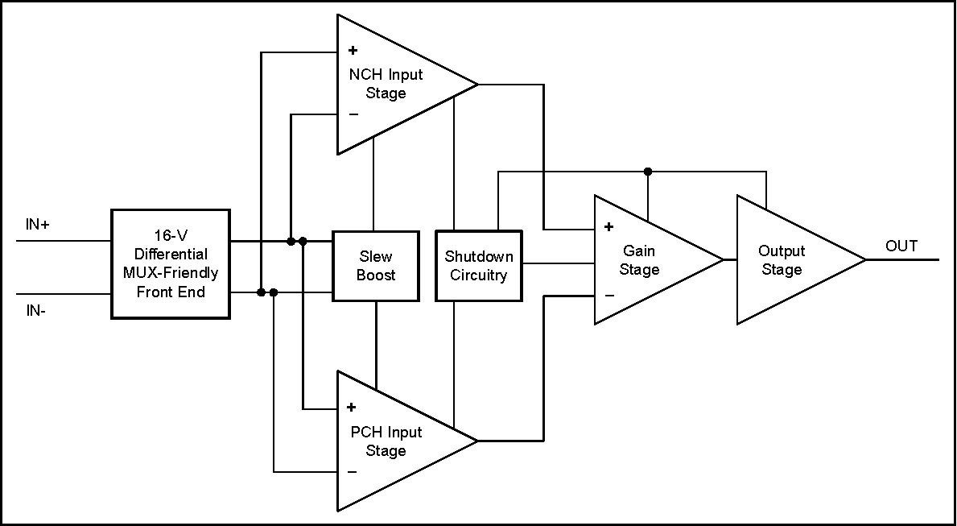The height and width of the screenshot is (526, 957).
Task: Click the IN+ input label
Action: tap(37, 225)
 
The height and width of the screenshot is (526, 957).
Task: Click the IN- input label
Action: tap(36, 311)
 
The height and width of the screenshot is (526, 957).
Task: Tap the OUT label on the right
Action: tap(901, 246)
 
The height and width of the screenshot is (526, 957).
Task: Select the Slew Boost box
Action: tap(376, 267)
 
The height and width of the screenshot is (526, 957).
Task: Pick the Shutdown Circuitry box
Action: tap(479, 267)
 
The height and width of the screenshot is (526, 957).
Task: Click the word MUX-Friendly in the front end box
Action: tap(171, 272)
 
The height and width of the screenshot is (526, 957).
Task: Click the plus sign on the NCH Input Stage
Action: tap(353, 50)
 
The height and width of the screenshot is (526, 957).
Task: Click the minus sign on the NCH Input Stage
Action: tap(353, 114)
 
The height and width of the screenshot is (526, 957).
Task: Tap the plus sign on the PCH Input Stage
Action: tap(352, 408)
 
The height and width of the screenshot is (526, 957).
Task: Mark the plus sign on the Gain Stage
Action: tap(608, 227)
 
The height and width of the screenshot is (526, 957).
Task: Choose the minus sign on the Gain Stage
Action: tap(608, 295)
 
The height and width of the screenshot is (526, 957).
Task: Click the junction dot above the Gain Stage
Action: tap(648, 172)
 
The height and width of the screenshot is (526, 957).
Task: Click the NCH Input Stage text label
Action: tap(386, 84)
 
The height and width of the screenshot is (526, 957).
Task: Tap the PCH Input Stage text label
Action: tap(386, 441)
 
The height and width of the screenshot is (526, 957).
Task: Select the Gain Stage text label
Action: tap(639, 260)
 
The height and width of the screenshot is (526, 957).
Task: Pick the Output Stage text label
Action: tap(782, 260)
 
